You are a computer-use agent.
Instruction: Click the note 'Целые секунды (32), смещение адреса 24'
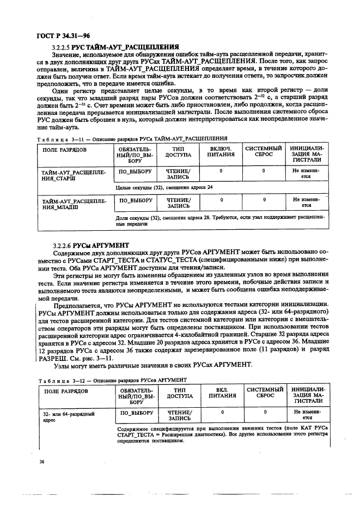click(164, 187)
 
